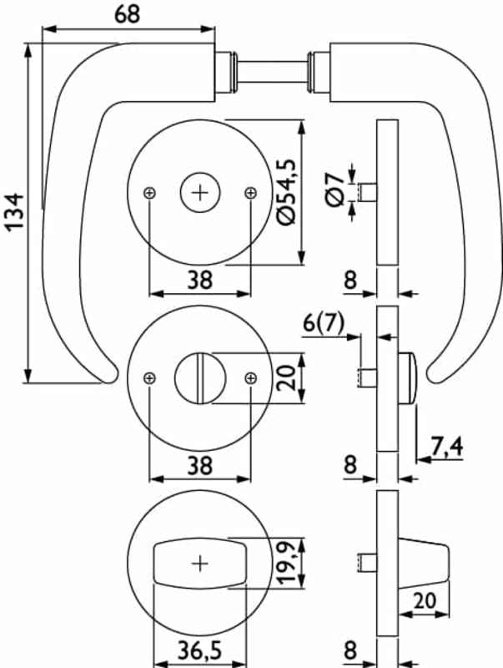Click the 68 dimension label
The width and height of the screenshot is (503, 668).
(x=127, y=14)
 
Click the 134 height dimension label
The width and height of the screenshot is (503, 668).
(x=15, y=211)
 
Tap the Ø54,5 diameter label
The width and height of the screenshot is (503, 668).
(x=285, y=192)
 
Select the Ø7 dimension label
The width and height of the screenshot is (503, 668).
(x=335, y=190)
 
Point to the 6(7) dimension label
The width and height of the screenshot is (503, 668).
(x=324, y=323)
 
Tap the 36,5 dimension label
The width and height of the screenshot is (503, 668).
(x=199, y=651)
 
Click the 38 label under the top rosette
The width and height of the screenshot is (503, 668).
(x=199, y=280)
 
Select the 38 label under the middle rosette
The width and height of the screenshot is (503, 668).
(x=199, y=465)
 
